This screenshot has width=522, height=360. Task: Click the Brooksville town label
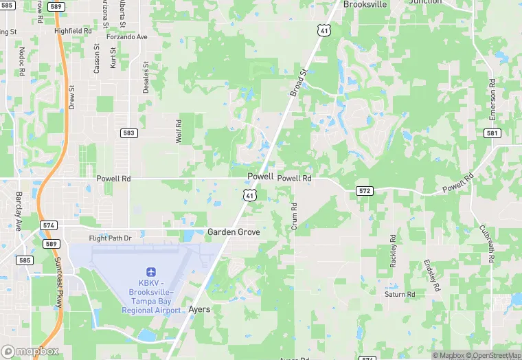tap(365, 4)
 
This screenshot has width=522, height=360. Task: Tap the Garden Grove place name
tap(234, 232)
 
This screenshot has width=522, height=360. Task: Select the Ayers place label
tap(199, 310)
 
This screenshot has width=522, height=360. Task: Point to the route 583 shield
tap(128, 132)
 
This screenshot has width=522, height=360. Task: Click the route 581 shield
tap(492, 133)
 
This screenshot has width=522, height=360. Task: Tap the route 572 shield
tap(365, 190)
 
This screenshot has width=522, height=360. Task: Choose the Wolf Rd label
tap(179, 131)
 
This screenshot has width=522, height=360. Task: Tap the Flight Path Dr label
tap(110, 238)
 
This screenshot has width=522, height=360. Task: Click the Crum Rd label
tap(293, 216)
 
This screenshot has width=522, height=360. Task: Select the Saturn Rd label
tap(400, 294)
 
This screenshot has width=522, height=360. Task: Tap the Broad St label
tap(297, 82)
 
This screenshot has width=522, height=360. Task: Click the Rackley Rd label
tap(394, 253)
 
